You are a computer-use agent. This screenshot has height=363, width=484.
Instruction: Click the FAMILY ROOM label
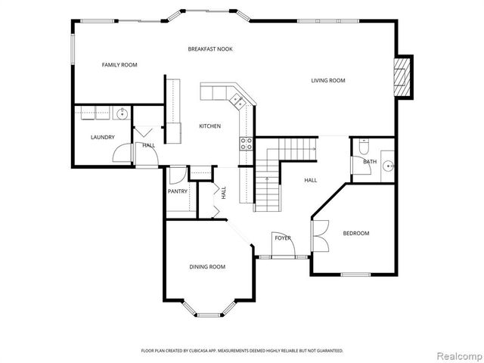(119, 65)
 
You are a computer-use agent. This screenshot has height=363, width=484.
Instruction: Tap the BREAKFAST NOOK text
(210, 49)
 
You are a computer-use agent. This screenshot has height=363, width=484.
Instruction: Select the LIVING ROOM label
(328, 80)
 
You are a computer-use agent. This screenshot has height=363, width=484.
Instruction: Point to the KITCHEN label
(209, 126)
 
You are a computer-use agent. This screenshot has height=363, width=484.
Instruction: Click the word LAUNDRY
(102, 137)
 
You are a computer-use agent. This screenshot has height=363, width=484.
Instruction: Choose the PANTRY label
(178, 191)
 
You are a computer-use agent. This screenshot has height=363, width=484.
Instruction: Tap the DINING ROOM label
(207, 267)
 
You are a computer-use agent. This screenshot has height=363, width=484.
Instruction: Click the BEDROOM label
(356, 234)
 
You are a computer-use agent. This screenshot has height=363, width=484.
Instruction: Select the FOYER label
(283, 238)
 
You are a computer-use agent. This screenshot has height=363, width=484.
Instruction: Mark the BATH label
(370, 162)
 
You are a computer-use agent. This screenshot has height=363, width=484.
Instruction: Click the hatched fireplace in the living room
(405, 78)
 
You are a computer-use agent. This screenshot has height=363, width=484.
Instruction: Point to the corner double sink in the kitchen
(237, 98)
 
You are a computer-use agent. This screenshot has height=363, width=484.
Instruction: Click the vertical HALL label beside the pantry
(224, 193)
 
